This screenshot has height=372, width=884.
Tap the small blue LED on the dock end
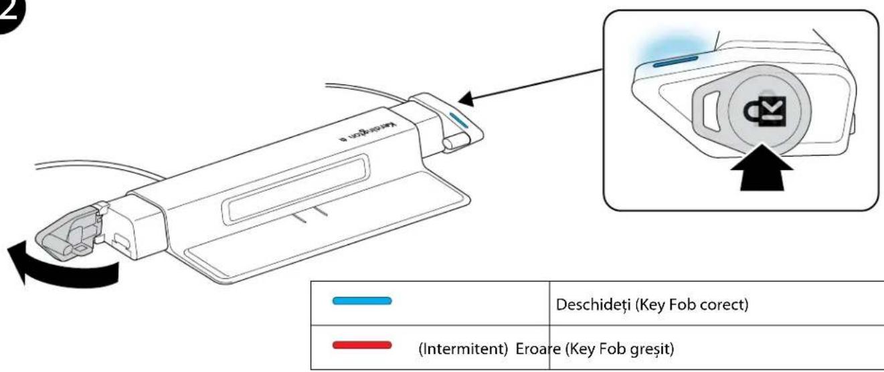tap(460, 119)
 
